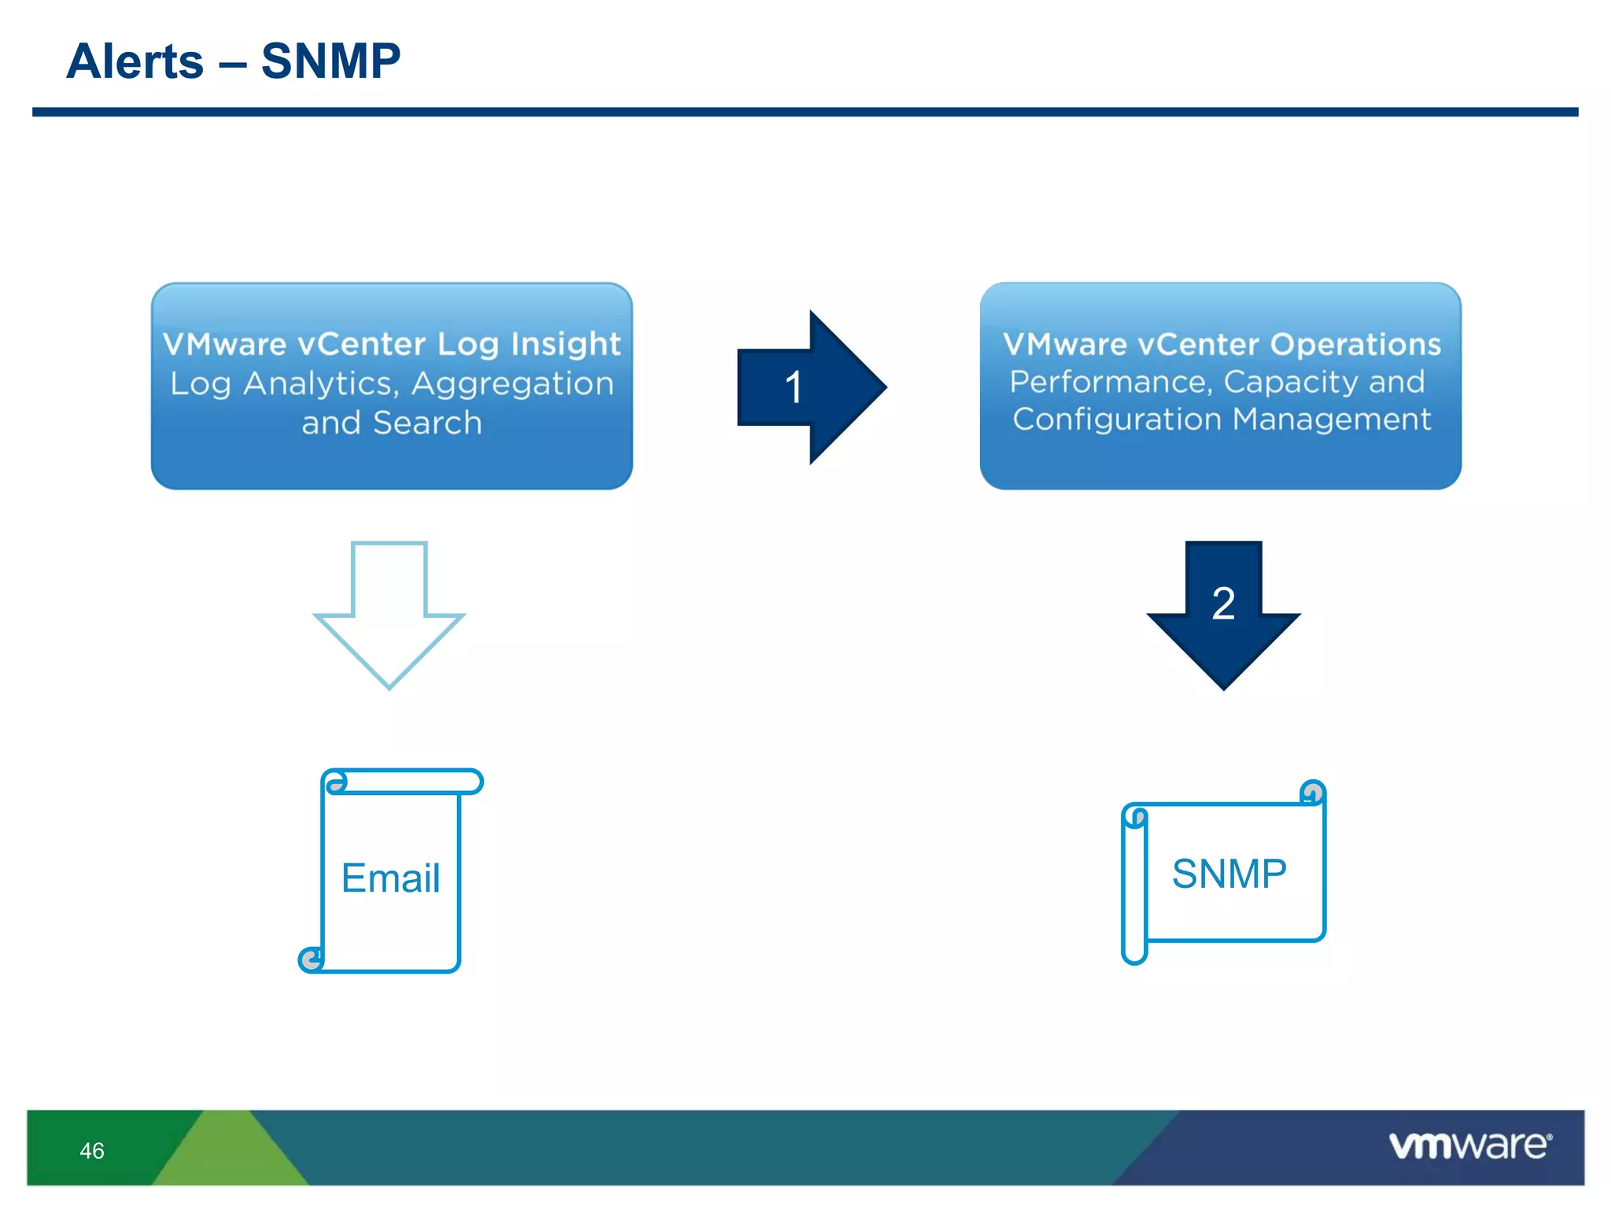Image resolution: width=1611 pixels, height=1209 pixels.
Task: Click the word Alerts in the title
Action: pos(135,61)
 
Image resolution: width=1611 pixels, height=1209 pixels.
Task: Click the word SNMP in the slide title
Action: pos(330,61)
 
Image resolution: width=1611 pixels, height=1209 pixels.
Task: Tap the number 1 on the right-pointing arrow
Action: pos(793,387)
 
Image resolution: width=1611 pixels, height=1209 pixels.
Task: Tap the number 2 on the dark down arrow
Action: pos(1223,604)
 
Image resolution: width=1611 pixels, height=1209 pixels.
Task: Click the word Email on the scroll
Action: pos(390,878)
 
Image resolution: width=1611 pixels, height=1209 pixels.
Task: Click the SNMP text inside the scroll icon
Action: pos(1229,874)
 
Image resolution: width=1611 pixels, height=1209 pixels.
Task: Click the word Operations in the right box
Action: pos(1355,344)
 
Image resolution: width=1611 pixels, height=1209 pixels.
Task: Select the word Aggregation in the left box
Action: pos(512,384)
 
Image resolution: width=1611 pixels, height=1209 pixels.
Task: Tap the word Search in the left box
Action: pos(427,423)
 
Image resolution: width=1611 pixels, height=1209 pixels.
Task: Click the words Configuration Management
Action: pos(1221,419)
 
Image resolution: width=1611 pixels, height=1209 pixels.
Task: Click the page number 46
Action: pos(92,1151)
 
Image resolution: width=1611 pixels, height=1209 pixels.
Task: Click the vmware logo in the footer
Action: pos(1469,1145)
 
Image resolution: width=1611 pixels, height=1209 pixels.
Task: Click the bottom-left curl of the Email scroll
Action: pos(311,959)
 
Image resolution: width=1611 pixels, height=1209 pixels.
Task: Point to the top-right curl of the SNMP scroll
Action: pos(1312,792)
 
